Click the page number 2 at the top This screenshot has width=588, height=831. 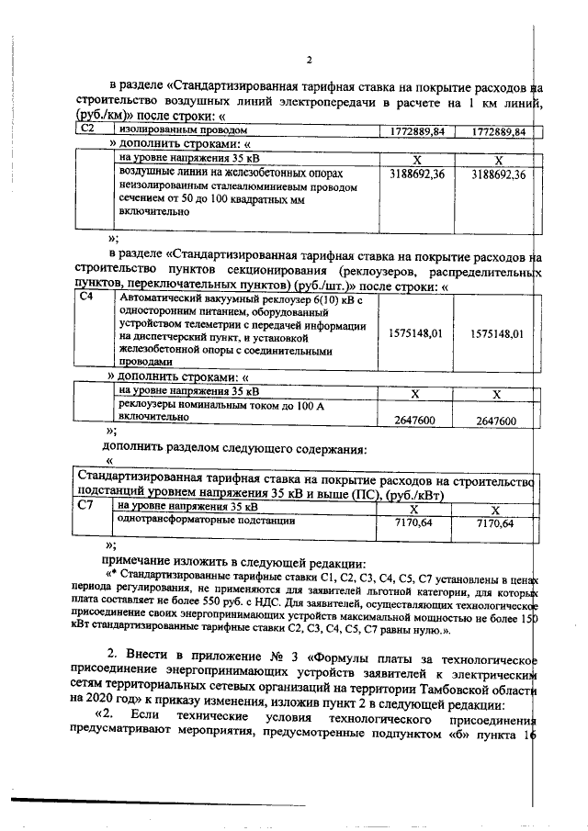[309, 62]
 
